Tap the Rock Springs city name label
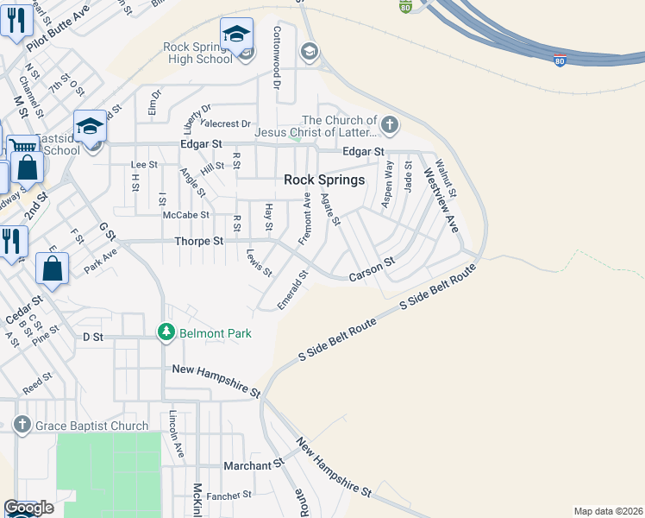pyautogui.click(x=324, y=180)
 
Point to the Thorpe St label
pyautogui.click(x=198, y=242)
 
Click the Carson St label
pyautogui.click(x=372, y=269)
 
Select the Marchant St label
pyautogui.click(x=254, y=464)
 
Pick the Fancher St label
pyautogui.click(x=229, y=495)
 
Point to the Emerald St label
pyautogui.click(x=293, y=290)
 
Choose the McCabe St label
pyautogui.click(x=186, y=214)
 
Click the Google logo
pyautogui.click(x=28, y=508)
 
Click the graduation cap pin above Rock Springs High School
pyautogui.click(x=237, y=35)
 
